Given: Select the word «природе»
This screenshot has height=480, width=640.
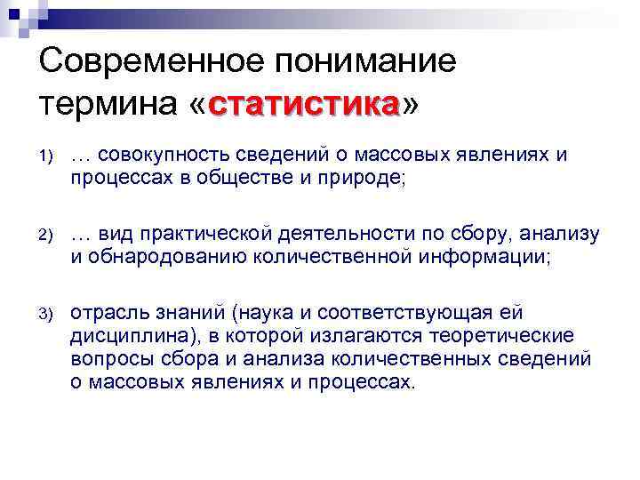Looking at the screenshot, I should pyautogui.click(x=362, y=178).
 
